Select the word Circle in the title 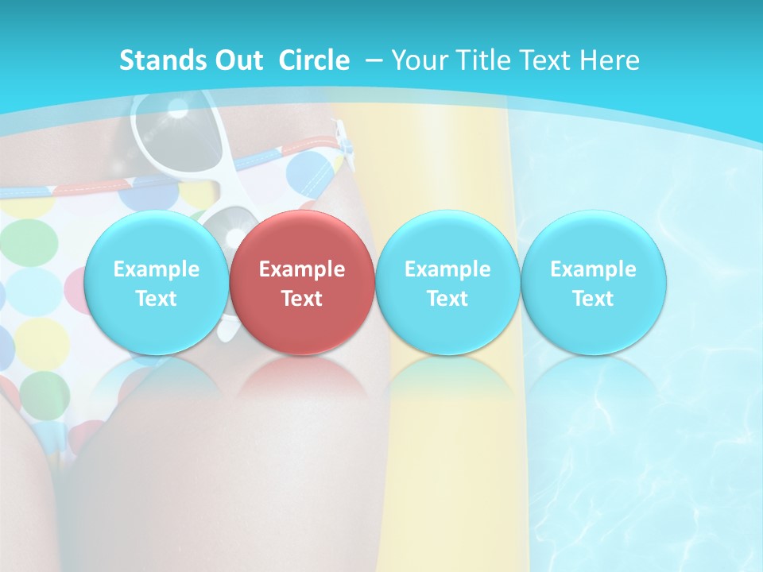pos(314,60)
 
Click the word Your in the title pos(417,60)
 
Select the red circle pos(302,282)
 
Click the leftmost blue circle pos(156,282)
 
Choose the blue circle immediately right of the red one pos(447,282)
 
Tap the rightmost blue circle pos(594,282)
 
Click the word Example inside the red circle pos(302,269)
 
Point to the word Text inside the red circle pos(302,299)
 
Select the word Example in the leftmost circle pos(156,269)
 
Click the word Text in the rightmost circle pos(594,299)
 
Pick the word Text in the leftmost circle pos(156,299)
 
